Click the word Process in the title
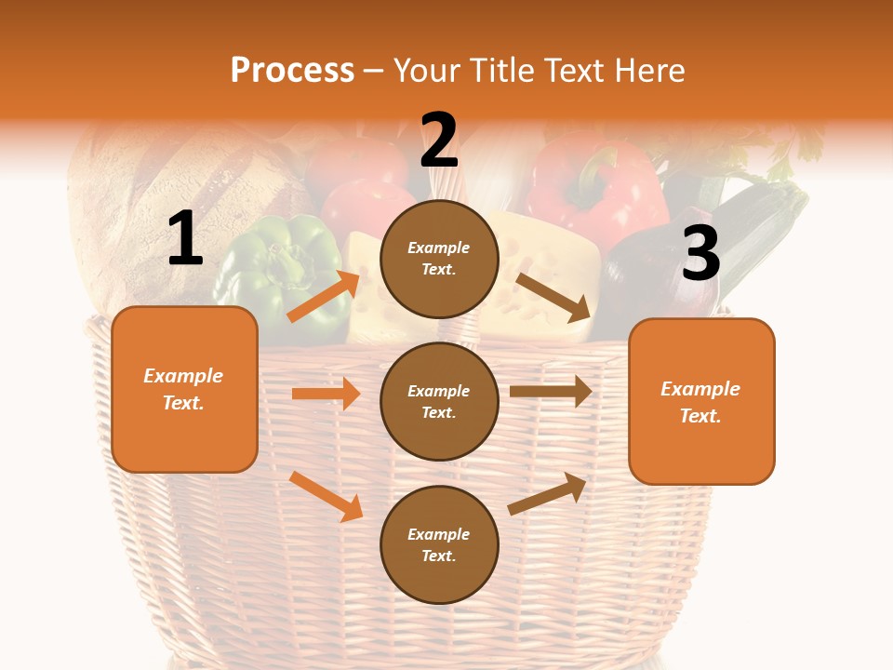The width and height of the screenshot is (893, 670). point(292,70)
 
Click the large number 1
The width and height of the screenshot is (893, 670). point(185,238)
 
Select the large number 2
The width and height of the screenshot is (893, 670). point(439,140)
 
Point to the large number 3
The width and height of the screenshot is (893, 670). point(700,253)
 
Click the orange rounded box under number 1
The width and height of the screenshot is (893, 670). point(184,389)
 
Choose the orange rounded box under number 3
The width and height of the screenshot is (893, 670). point(701,401)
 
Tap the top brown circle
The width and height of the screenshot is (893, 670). point(439,259)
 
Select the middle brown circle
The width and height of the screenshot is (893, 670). point(439,401)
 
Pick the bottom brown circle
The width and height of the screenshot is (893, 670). point(439,544)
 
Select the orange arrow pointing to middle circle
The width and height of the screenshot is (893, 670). point(326,394)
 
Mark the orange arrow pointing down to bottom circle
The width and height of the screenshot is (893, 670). point(327,496)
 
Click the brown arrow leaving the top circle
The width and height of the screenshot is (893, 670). point(553,297)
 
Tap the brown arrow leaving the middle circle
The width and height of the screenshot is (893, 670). point(551,391)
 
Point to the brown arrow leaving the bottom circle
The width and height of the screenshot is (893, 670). point(547,494)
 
